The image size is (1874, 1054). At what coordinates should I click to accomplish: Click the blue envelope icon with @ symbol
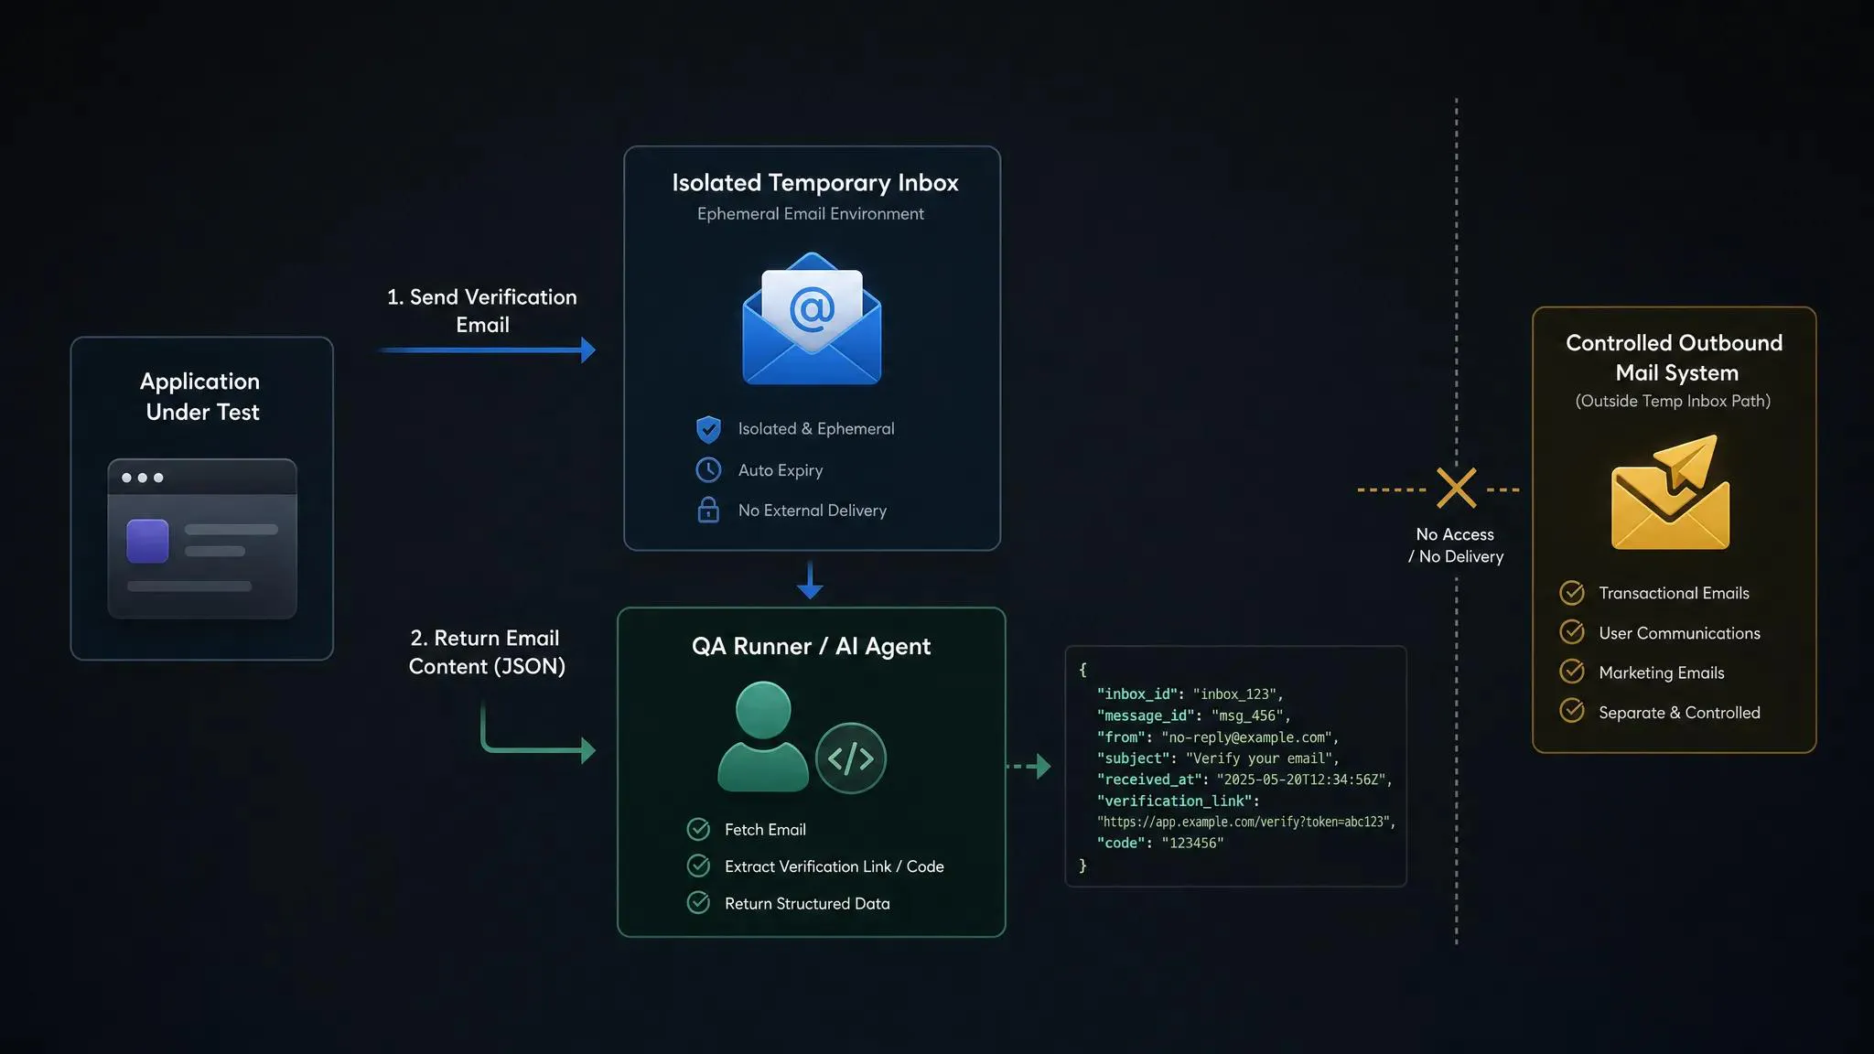(x=812, y=318)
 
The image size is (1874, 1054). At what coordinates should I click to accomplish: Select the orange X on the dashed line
(x=1456, y=488)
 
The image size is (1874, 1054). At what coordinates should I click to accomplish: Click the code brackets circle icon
(x=851, y=758)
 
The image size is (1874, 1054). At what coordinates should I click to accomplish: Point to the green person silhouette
(x=763, y=737)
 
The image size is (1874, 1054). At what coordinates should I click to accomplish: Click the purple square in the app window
(x=147, y=541)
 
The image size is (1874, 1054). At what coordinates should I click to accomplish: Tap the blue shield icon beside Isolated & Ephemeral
(x=708, y=429)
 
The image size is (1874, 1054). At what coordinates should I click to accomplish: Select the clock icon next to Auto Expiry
(x=708, y=469)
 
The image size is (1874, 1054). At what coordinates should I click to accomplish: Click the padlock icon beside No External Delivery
(x=708, y=510)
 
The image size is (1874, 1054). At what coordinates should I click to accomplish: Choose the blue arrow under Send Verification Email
(x=487, y=350)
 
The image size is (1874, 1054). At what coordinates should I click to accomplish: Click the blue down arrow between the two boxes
(x=810, y=580)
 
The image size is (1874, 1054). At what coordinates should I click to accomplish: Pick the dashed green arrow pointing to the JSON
(x=1029, y=766)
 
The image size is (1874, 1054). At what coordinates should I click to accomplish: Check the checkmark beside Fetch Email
(x=698, y=829)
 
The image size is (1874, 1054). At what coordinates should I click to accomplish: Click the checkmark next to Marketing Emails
(x=1572, y=672)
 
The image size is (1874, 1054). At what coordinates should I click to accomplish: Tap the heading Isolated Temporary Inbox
(x=815, y=183)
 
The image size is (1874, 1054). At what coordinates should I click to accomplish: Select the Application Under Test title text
(x=201, y=396)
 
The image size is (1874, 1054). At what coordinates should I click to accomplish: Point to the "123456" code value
(x=1192, y=843)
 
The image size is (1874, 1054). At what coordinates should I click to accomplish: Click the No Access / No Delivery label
(x=1456, y=545)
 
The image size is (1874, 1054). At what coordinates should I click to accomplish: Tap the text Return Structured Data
(x=807, y=903)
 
